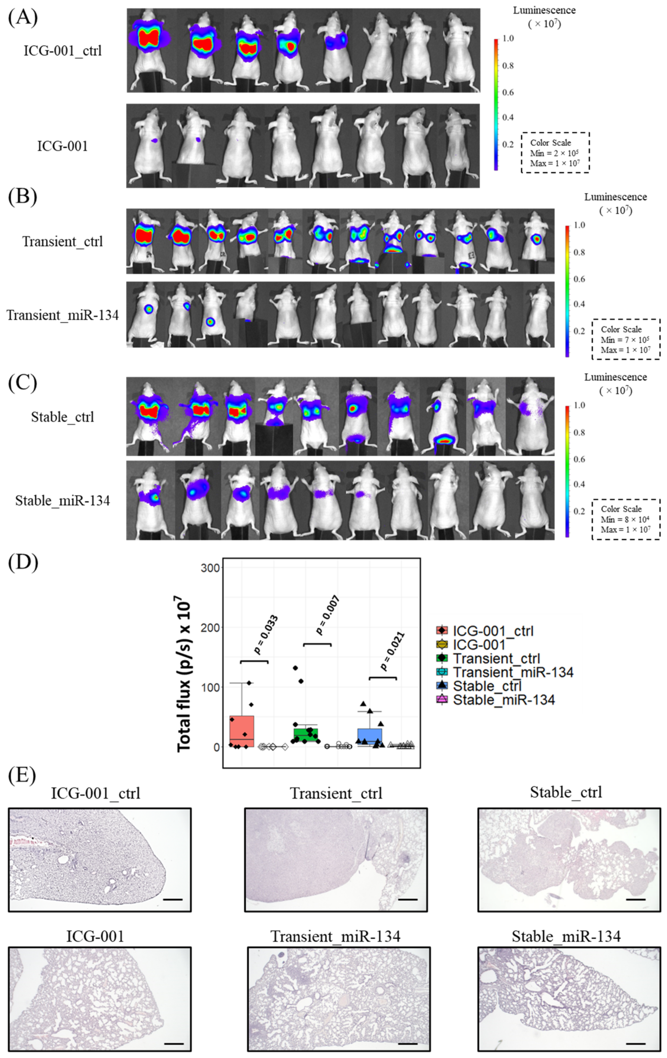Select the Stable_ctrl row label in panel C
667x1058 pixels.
click(x=62, y=417)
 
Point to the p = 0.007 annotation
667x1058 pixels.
click(x=327, y=615)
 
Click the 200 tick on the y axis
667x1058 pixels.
click(x=210, y=627)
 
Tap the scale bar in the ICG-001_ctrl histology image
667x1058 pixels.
click(x=172, y=899)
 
